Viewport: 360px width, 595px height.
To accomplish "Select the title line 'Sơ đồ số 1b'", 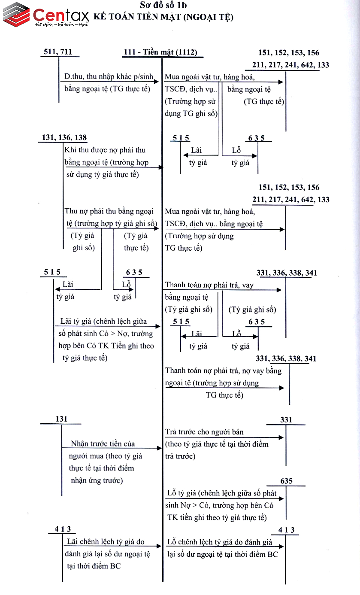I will pos(163,6).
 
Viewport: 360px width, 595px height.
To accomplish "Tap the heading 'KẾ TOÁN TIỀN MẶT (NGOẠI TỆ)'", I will pos(163,17).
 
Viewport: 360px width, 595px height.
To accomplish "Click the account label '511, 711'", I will pos(58,52).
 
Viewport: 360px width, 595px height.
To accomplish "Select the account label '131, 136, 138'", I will pos(64,138).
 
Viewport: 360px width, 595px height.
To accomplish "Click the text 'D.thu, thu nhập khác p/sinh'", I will pos(109,77).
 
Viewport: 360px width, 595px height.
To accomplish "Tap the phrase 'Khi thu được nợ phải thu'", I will pos(105,150).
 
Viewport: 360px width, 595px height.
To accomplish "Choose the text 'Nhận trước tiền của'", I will pos(103,443).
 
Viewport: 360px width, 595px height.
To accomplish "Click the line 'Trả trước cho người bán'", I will pos(204,432).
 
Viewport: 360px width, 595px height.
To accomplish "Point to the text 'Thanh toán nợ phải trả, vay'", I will pos(209,285).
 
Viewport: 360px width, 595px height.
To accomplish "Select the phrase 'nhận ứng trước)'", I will pos(97,480).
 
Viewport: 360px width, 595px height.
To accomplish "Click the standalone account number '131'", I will pos(61,419).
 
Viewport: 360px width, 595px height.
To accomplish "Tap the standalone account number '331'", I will pos(286,420).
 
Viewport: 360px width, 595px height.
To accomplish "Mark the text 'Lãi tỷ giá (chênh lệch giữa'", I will pos(103,321).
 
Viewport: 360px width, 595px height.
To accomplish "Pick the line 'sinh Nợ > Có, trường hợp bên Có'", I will pos(219,505).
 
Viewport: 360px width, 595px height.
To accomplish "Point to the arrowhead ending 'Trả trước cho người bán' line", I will pos(281,437).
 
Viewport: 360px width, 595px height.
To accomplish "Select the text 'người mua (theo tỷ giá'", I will pos(106,456).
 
